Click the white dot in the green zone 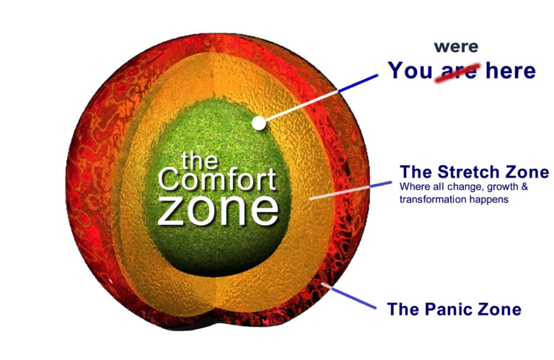(x=259, y=123)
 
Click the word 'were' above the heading (x=456, y=47)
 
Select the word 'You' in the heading (x=410, y=70)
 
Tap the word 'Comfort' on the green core (x=217, y=180)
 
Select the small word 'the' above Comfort (x=200, y=160)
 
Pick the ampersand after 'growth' (x=524, y=186)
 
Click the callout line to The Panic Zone (x=348, y=295)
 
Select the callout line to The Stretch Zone (x=350, y=190)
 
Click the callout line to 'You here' (x=322, y=98)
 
